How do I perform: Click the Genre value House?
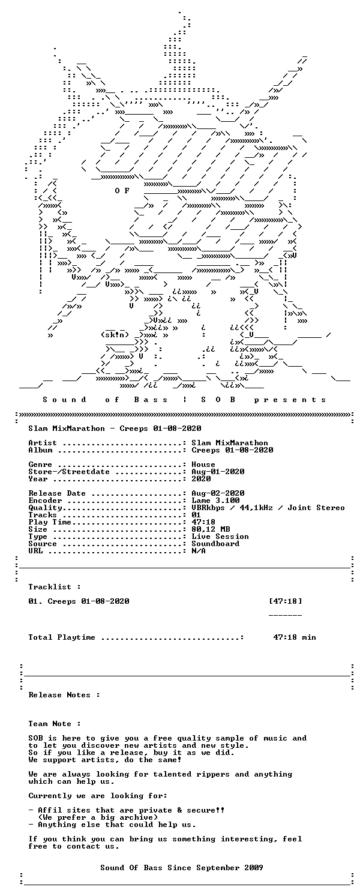click(203, 465)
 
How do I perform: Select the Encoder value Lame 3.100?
click(215, 501)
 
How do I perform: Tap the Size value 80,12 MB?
click(211, 529)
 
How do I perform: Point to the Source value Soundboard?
click(215, 544)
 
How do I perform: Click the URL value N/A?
click(199, 551)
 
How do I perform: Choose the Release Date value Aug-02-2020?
click(218, 493)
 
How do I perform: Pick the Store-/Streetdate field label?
click(68, 472)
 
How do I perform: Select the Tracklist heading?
click(55, 587)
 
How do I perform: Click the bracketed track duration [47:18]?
click(286, 601)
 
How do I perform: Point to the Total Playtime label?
click(62, 637)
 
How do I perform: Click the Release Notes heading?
click(64, 695)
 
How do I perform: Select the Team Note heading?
click(55, 724)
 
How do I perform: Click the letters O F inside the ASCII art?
click(122, 191)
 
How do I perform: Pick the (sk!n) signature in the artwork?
click(115, 335)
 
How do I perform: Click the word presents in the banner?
click(290, 400)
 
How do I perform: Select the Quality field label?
click(45, 508)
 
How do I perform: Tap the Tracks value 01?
click(196, 515)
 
